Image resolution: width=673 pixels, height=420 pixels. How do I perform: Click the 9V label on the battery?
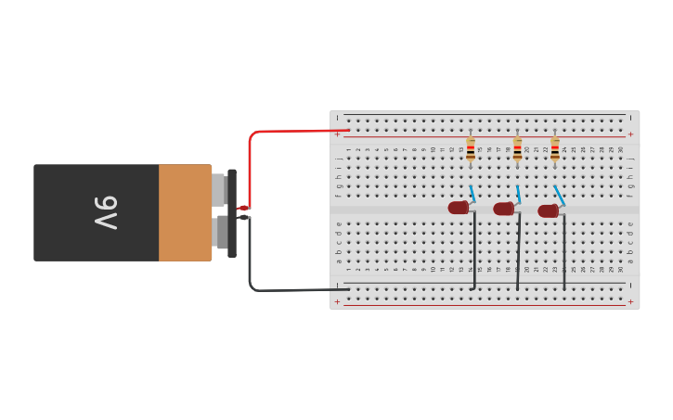click(105, 212)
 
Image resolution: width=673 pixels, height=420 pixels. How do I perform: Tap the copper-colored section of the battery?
click(185, 212)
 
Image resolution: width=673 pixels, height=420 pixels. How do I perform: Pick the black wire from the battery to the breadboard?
click(278, 290)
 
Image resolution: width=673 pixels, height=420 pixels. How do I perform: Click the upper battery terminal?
click(218, 190)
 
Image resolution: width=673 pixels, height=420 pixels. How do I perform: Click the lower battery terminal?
click(219, 233)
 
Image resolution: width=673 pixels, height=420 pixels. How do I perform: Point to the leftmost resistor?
click(471, 149)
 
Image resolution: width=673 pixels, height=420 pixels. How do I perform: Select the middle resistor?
click(517, 149)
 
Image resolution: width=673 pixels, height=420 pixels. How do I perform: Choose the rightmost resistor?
click(555, 149)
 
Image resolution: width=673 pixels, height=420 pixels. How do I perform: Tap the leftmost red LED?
click(459, 208)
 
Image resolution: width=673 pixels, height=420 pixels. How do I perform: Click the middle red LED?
click(504, 209)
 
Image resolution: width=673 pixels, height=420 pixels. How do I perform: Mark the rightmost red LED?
click(549, 210)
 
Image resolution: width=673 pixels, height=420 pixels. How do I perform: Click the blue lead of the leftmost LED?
click(472, 194)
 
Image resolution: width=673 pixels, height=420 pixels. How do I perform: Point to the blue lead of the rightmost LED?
click(560, 195)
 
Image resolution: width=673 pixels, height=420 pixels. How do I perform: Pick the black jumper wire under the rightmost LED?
click(564, 255)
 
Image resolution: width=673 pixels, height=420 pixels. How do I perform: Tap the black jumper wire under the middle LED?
click(518, 255)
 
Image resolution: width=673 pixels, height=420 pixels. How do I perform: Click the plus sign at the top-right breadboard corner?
click(630, 134)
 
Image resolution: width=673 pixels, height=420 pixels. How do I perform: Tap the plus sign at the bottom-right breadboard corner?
click(630, 301)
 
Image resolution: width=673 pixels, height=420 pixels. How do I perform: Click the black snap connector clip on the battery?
click(232, 212)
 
